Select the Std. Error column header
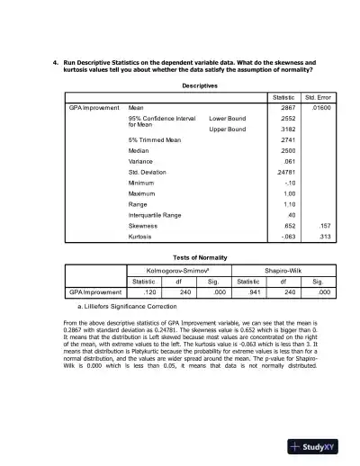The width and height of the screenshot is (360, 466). click(321, 97)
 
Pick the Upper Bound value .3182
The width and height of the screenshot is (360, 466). click(289, 130)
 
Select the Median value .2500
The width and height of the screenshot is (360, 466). click(289, 155)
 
